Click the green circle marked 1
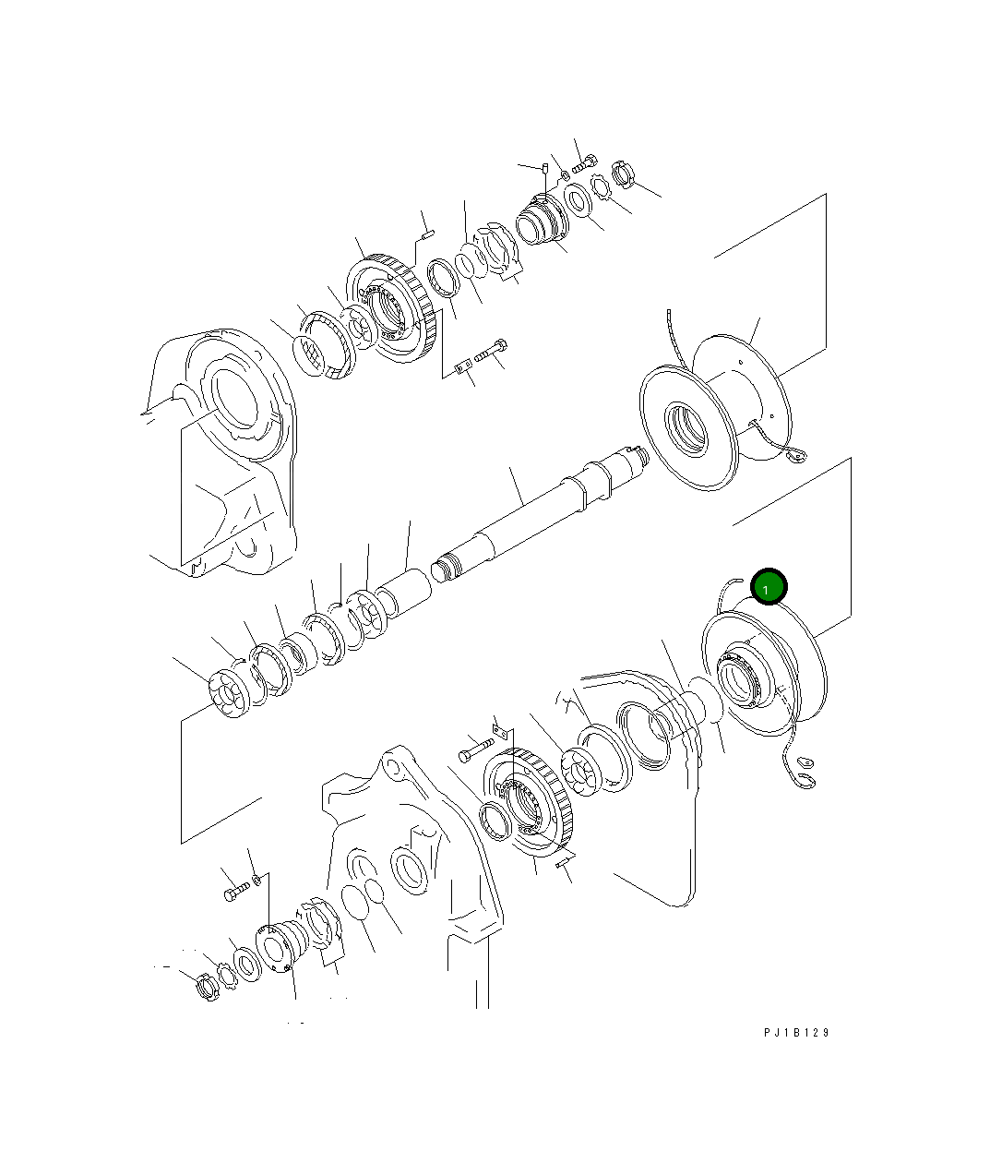769,586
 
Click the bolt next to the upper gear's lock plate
491,350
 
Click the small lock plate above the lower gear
501,730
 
